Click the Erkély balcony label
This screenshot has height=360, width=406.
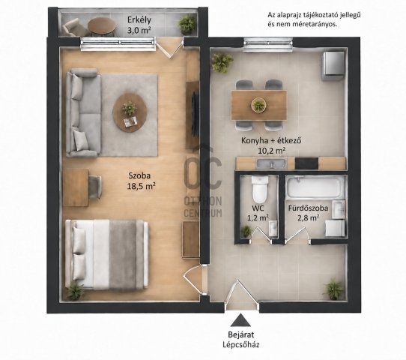click(x=139, y=19)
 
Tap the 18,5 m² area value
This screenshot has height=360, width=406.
click(x=141, y=186)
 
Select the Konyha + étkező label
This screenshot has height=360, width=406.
click(x=271, y=140)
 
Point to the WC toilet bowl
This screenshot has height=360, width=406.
click(x=260, y=190)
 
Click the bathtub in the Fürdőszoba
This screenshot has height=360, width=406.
click(x=315, y=187)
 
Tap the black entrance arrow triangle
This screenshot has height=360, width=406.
click(x=240, y=319)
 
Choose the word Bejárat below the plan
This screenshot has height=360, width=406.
click(x=240, y=334)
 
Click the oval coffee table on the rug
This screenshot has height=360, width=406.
click(x=130, y=112)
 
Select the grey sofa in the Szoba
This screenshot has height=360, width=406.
click(x=83, y=112)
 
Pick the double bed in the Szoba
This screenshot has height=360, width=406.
click(x=106, y=255)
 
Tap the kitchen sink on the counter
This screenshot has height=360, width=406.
click(x=271, y=163)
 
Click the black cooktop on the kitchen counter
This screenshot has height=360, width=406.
click(x=306, y=163)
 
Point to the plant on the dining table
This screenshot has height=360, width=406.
click(x=258, y=105)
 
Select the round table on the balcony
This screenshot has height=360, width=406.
click(x=102, y=26)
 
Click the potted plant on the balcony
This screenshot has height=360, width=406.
click(x=187, y=24)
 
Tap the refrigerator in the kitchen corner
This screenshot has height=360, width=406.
click(x=333, y=66)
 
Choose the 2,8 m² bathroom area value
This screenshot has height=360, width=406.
click(x=308, y=218)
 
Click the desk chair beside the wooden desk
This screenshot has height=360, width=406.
click(x=95, y=187)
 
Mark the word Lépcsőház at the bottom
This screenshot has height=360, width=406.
click(x=241, y=345)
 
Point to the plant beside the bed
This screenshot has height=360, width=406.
click(x=75, y=292)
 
